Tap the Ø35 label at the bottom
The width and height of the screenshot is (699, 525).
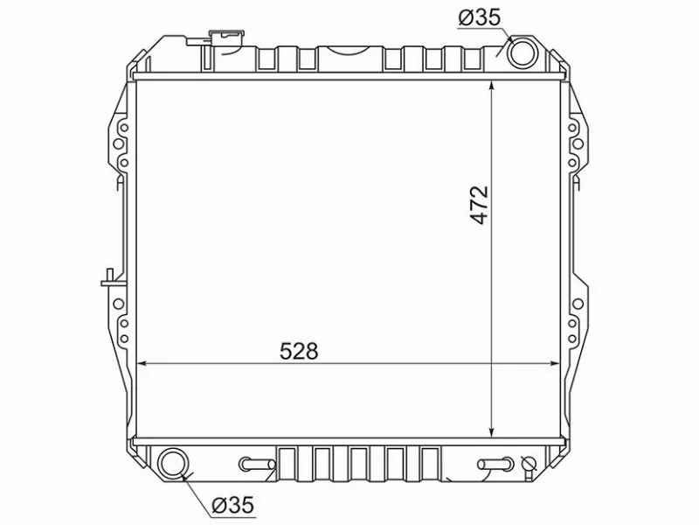[232, 505]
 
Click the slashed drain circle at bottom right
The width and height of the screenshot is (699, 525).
[528, 465]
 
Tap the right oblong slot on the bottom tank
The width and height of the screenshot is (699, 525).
[493, 464]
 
